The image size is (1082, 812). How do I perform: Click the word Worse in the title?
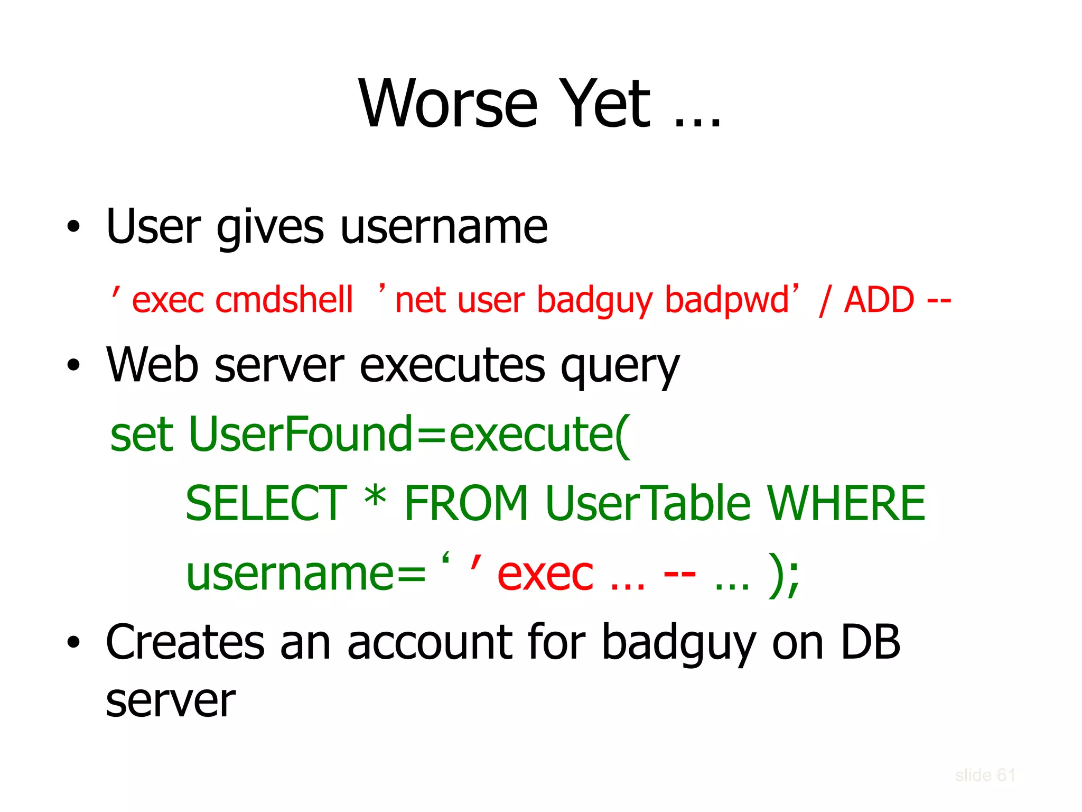(448, 104)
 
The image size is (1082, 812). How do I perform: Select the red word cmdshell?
(284, 300)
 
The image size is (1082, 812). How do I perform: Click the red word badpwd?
(727, 300)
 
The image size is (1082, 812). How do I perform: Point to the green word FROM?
(466, 503)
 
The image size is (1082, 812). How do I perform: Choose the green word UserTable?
(648, 503)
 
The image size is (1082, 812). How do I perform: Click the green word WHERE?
(846, 503)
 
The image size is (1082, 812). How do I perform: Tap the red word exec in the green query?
(545, 575)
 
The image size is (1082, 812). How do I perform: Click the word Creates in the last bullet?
(185, 642)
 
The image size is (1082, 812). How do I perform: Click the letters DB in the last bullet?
(870, 642)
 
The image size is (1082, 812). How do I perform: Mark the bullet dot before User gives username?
(73, 227)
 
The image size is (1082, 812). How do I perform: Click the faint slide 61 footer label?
(985, 775)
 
